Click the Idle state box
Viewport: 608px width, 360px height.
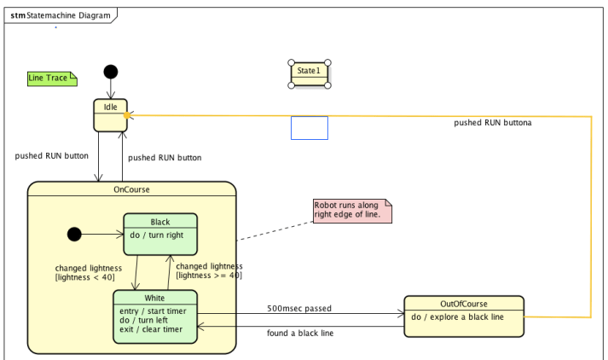tap(111, 115)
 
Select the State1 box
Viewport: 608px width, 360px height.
tap(309, 73)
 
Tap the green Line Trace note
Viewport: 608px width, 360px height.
tap(52, 78)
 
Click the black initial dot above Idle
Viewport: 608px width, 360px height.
tap(111, 72)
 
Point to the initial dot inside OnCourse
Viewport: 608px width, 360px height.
tap(74, 234)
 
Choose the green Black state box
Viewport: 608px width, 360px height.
tap(160, 233)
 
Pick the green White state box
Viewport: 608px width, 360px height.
tap(155, 316)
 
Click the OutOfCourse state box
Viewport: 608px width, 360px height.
tap(463, 317)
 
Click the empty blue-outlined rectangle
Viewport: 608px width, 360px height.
tap(309, 128)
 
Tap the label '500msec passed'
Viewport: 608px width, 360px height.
tap(299, 308)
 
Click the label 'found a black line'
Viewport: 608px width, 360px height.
tap(299, 333)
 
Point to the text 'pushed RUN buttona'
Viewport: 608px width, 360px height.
tap(492, 123)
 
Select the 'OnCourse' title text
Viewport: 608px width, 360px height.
tap(131, 189)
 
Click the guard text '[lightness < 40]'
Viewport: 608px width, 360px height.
tap(84, 277)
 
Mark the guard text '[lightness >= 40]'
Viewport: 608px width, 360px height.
tap(208, 275)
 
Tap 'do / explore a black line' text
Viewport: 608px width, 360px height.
tap(457, 317)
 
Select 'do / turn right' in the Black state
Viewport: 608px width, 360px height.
tap(157, 235)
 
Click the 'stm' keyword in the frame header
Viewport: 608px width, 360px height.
tap(17, 16)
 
